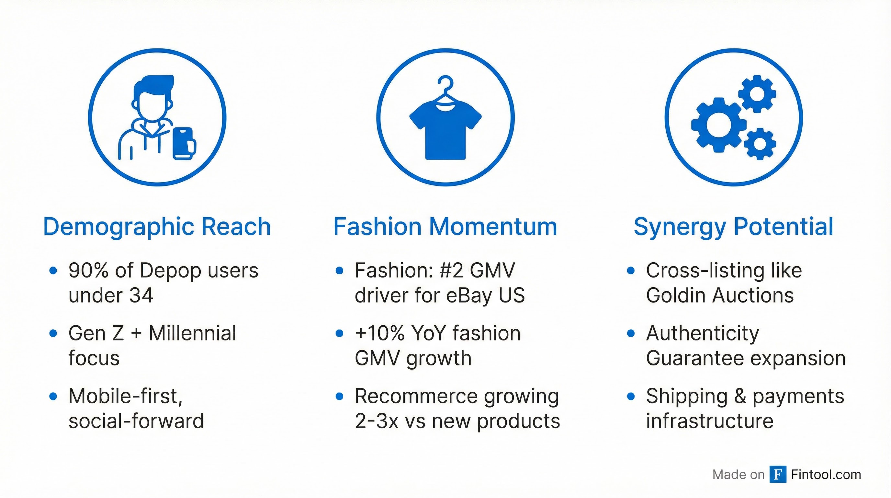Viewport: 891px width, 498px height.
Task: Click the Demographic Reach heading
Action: [157, 227]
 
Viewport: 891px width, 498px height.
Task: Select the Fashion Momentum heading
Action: [445, 227]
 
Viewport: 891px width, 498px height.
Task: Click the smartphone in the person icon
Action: [184, 143]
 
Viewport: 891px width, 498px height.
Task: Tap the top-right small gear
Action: [757, 94]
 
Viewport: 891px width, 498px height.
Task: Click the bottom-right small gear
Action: [760, 144]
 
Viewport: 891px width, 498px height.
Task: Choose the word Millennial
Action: [192, 333]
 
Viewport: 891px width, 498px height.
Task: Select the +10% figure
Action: [379, 333]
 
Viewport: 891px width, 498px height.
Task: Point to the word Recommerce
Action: [416, 396]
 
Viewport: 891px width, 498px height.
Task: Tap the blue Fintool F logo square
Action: [778, 474]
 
